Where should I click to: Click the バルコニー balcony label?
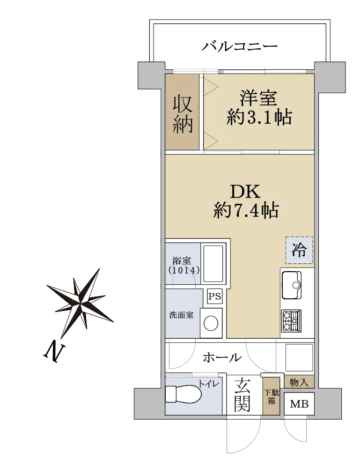point(240,46)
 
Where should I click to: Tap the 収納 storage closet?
point(182,112)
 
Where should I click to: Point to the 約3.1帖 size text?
point(259,118)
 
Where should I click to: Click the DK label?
point(245,191)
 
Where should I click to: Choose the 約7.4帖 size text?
point(246,210)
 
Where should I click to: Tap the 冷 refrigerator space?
point(299,250)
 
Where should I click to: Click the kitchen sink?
point(292,285)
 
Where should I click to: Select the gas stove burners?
point(291,321)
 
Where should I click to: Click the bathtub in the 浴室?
point(213,264)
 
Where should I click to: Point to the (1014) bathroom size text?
point(184,270)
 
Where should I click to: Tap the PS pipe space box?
point(215,296)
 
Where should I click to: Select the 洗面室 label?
point(181,315)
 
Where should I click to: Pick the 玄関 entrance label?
point(242,394)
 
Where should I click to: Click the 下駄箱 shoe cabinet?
point(271,396)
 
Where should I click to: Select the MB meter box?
point(299,404)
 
